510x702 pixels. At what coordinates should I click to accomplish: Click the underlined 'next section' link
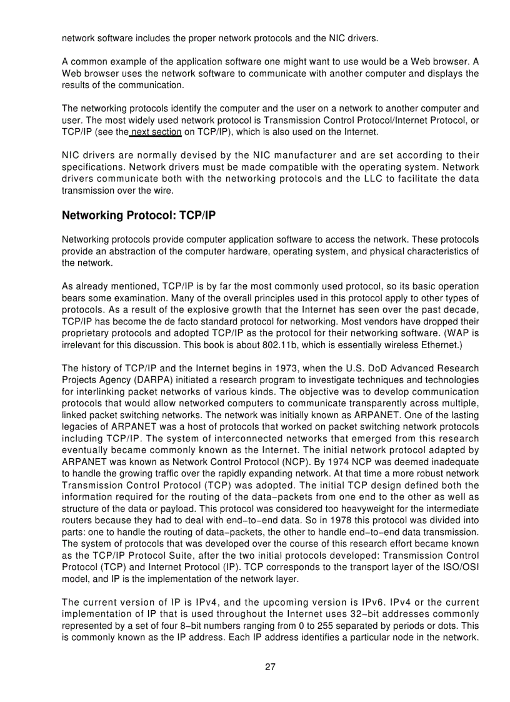[x=156, y=132]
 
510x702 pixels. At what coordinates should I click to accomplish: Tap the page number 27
[x=270, y=666]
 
